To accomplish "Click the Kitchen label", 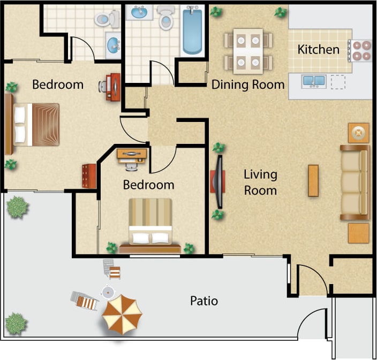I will [319, 50].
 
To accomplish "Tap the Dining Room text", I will [247, 85].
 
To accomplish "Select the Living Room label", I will [260, 182].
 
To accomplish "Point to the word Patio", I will [204, 301].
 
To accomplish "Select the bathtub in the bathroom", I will [191, 30].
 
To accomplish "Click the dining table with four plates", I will [248, 51].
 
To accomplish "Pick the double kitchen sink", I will [314, 81].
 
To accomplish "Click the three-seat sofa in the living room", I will [355, 182].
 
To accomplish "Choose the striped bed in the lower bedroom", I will [150, 225].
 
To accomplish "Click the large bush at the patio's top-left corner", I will [18, 206].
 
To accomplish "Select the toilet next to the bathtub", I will [167, 19].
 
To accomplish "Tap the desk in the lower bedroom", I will [132, 154].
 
